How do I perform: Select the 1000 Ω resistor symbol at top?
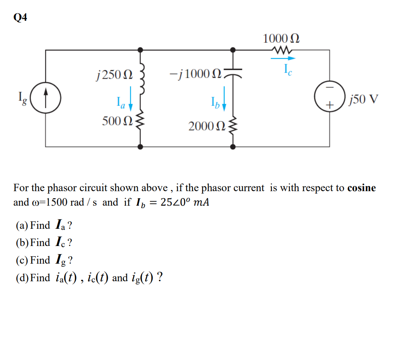pos(282,50)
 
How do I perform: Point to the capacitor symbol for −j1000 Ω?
pos(233,73)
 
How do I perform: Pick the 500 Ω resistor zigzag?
pos(141,121)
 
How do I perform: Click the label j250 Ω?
pos(114,73)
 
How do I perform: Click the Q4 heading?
pos(21,18)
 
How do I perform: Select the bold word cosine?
pos(361,188)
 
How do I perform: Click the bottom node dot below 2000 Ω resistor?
pos(233,147)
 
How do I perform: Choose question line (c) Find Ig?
pos(44,260)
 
